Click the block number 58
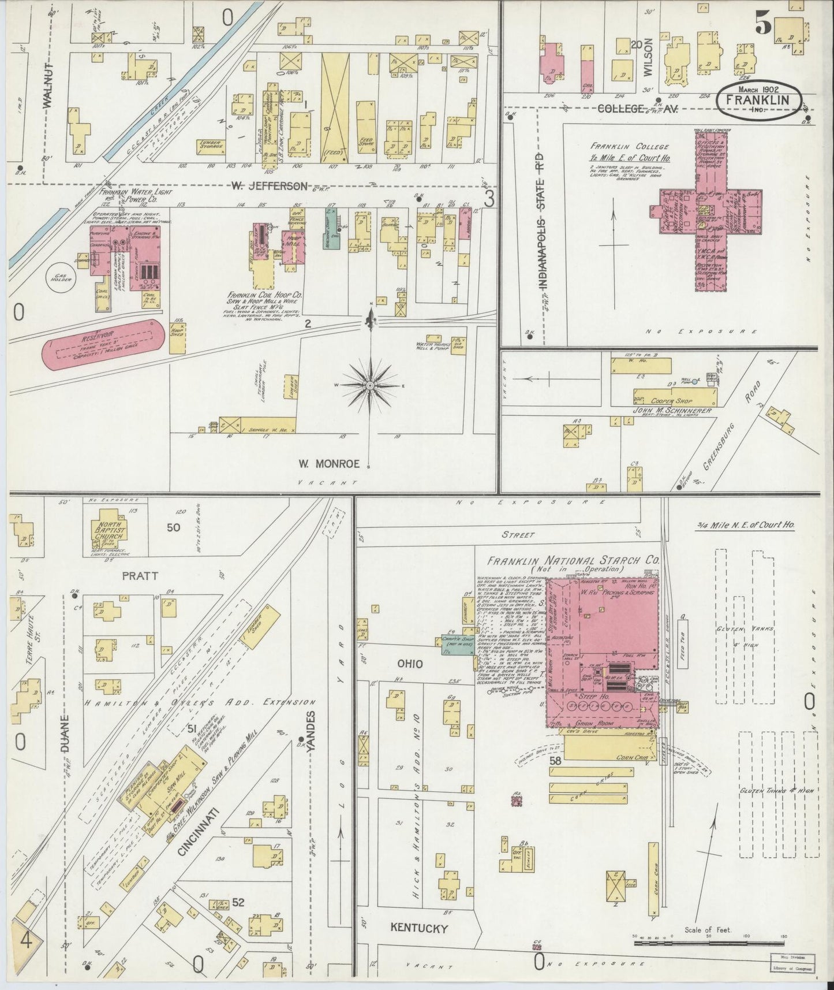pyautogui.click(x=555, y=761)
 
